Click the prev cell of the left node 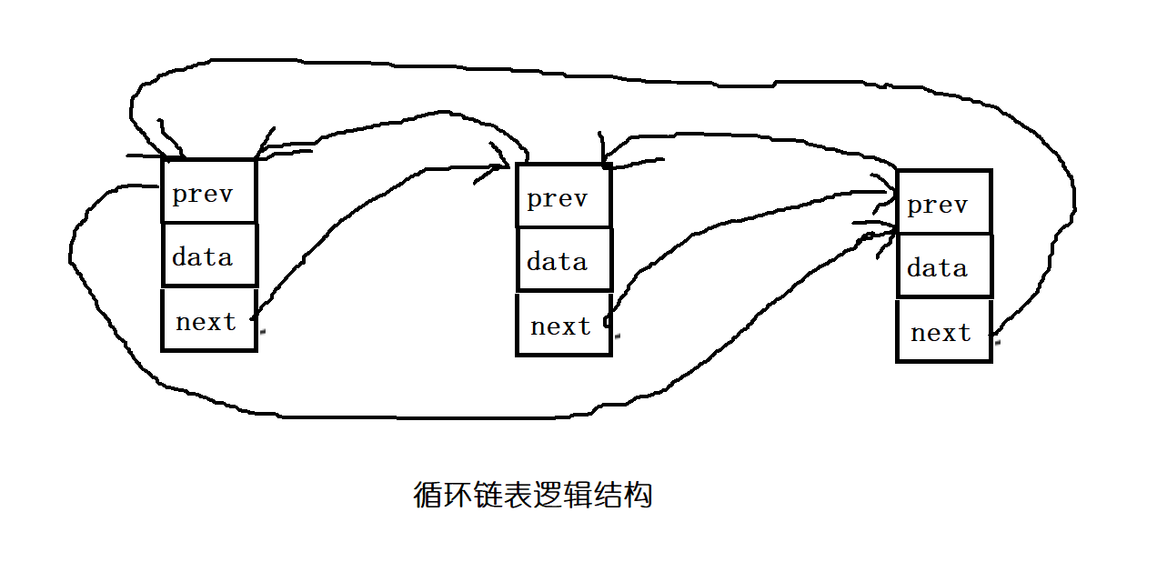209,191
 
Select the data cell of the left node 209,256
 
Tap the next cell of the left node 209,320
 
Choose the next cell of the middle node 563,325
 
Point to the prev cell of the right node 944,202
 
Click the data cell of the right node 944,266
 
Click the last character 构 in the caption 639,496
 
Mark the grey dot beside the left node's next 262,332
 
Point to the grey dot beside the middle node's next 617,336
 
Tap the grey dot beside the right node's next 997,344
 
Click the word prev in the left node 202,194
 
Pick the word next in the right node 941,333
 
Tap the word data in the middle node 557,262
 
